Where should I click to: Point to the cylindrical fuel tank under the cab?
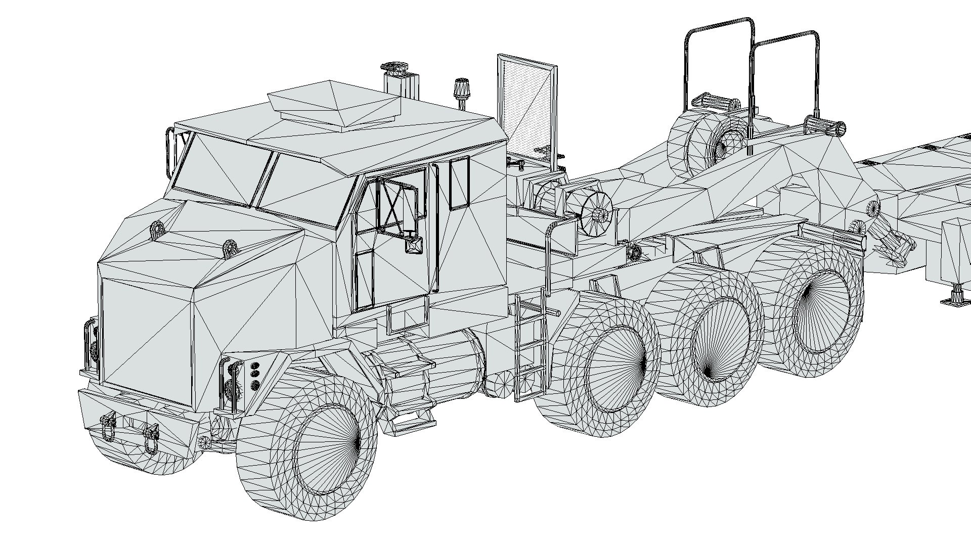[435, 364]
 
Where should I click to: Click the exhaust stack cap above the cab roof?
[394, 67]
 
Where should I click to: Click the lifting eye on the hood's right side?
[230, 248]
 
